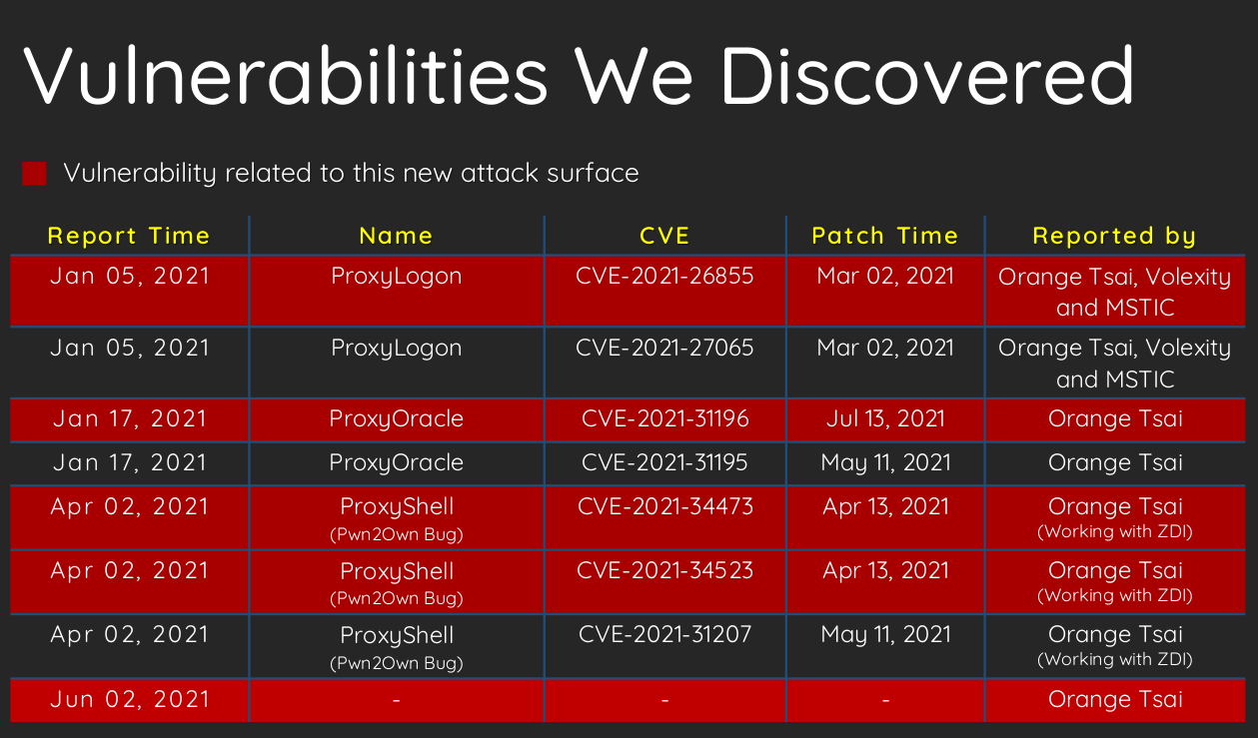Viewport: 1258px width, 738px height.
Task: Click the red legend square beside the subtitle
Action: (x=34, y=174)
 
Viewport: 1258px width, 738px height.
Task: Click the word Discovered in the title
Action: (x=927, y=75)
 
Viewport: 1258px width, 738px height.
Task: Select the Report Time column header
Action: (x=129, y=236)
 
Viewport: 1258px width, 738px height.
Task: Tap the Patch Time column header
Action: (x=885, y=236)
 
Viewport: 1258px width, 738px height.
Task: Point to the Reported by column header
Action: (x=1115, y=237)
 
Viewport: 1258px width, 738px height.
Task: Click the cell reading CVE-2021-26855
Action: (x=664, y=276)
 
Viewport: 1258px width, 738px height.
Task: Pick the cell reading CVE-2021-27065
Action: (x=664, y=348)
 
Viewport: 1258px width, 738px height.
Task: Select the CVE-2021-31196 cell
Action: (x=664, y=418)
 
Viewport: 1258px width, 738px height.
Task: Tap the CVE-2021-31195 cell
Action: (x=664, y=462)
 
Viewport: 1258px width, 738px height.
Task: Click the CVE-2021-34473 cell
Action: (x=664, y=506)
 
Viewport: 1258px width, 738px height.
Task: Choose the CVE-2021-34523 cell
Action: (x=664, y=570)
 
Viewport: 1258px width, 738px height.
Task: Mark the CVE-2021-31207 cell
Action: (x=664, y=634)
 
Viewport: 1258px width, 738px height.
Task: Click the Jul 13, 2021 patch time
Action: (x=885, y=418)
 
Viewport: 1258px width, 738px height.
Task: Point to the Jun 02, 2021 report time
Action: (x=130, y=699)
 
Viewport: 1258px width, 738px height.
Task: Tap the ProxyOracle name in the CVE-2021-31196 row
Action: (x=396, y=419)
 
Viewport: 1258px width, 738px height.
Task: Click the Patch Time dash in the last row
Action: (x=885, y=700)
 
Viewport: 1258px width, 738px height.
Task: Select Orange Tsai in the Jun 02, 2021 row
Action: (x=1115, y=699)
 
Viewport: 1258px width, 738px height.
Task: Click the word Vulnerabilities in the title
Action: (x=285, y=75)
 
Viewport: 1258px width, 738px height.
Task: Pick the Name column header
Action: (x=396, y=236)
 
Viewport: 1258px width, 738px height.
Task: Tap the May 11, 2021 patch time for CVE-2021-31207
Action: (x=885, y=635)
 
